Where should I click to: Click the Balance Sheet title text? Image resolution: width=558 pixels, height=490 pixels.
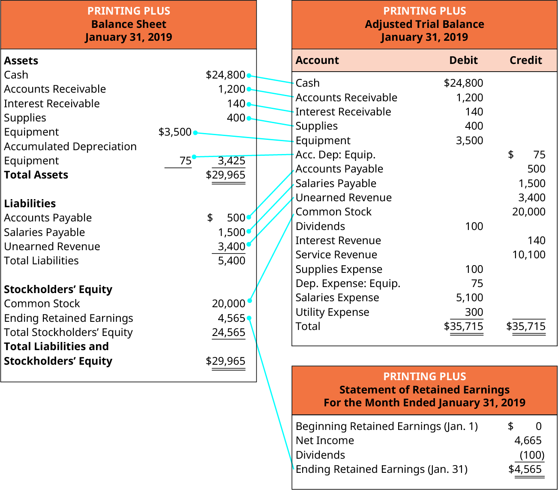point(129,24)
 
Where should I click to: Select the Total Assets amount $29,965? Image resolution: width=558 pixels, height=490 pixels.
point(226,175)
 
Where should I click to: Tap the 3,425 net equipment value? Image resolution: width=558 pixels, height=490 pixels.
point(231,161)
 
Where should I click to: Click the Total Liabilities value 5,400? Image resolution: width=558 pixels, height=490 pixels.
point(231,261)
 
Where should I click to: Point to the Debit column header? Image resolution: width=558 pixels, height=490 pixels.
point(463,60)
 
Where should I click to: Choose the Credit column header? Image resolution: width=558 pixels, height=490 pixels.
point(525,60)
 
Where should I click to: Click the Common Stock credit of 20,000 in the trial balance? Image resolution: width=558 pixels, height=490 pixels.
point(528,212)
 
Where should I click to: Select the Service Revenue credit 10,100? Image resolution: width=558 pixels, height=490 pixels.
point(528,255)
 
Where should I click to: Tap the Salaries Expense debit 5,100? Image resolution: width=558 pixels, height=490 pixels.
point(469,298)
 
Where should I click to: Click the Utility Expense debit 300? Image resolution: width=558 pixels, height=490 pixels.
point(474,312)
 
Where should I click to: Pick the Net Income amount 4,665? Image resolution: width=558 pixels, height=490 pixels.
point(528,441)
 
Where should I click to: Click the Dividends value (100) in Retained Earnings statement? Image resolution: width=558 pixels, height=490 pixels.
point(531,455)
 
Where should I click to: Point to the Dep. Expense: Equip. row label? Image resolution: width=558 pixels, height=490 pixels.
point(348,284)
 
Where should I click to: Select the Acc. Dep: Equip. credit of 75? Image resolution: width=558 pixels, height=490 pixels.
point(539,155)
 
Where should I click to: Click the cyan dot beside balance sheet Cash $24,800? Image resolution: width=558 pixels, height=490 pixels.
point(249,76)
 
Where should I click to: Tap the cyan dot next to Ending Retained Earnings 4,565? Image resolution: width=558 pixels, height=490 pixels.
point(249,318)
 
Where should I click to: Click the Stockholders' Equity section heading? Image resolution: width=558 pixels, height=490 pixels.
point(58,290)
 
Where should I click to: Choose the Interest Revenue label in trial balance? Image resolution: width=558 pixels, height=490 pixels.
point(338,241)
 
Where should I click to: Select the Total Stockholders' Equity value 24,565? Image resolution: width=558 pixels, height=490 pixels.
point(228,333)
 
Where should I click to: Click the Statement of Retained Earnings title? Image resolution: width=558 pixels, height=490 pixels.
point(424,390)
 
